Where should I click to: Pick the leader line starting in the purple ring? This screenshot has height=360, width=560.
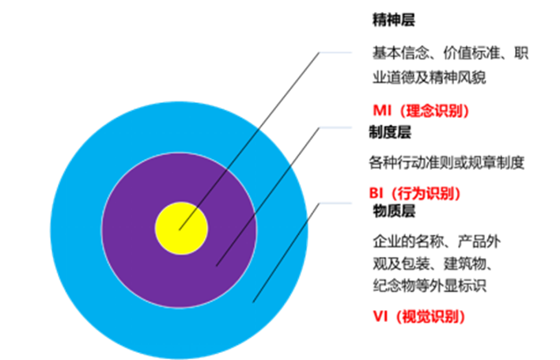(x=255, y=215)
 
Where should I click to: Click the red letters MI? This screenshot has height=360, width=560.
(x=382, y=112)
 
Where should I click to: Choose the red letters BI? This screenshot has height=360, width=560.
(x=376, y=194)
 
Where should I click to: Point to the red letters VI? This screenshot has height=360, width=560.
(x=380, y=317)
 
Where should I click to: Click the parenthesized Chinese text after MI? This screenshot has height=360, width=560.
(x=435, y=112)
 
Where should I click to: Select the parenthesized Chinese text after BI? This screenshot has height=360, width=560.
(x=426, y=194)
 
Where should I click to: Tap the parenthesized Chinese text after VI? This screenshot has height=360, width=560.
(x=430, y=317)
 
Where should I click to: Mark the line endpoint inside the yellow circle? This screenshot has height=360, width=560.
(x=180, y=229)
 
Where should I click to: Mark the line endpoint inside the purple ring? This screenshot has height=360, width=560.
(x=217, y=266)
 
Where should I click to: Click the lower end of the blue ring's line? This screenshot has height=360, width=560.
(x=253, y=302)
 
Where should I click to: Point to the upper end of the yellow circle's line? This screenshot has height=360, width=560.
(x=260, y=127)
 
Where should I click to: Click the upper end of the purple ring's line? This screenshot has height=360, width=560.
(x=292, y=166)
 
